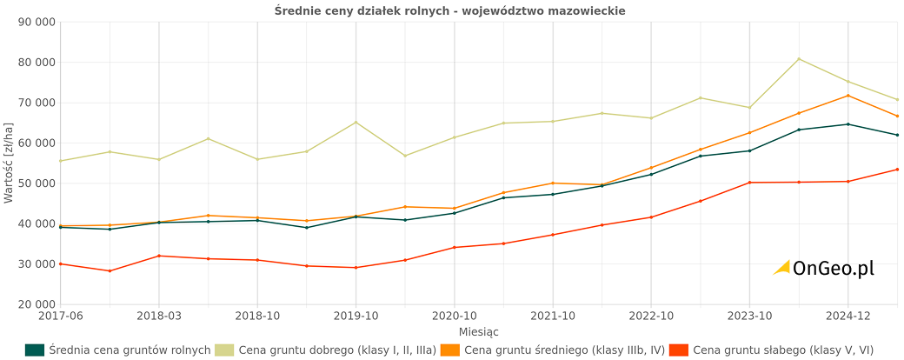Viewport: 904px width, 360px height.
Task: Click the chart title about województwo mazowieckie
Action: (x=449, y=10)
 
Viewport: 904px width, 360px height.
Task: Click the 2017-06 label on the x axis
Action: (x=60, y=316)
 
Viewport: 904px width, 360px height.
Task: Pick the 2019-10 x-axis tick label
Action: (x=356, y=316)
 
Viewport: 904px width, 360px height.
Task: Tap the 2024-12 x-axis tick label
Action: (x=848, y=316)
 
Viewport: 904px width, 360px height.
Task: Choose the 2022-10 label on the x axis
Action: (x=651, y=316)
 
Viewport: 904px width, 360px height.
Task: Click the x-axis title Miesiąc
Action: (x=479, y=332)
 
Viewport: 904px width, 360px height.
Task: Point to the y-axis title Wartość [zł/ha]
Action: (x=9, y=163)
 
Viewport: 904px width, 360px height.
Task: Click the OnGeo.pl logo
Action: (x=824, y=268)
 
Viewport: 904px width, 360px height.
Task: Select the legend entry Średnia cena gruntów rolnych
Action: (x=119, y=350)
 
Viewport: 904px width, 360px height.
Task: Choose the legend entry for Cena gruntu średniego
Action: (x=554, y=350)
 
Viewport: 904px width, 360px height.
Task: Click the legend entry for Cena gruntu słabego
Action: (x=772, y=350)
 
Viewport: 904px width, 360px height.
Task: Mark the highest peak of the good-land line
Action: (x=799, y=59)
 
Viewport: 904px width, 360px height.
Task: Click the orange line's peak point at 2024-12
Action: (x=848, y=96)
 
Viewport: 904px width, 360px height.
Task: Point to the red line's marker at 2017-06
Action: (x=60, y=263)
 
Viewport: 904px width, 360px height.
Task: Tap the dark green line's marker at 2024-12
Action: (x=848, y=124)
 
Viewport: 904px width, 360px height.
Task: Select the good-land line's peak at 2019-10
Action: (x=356, y=122)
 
